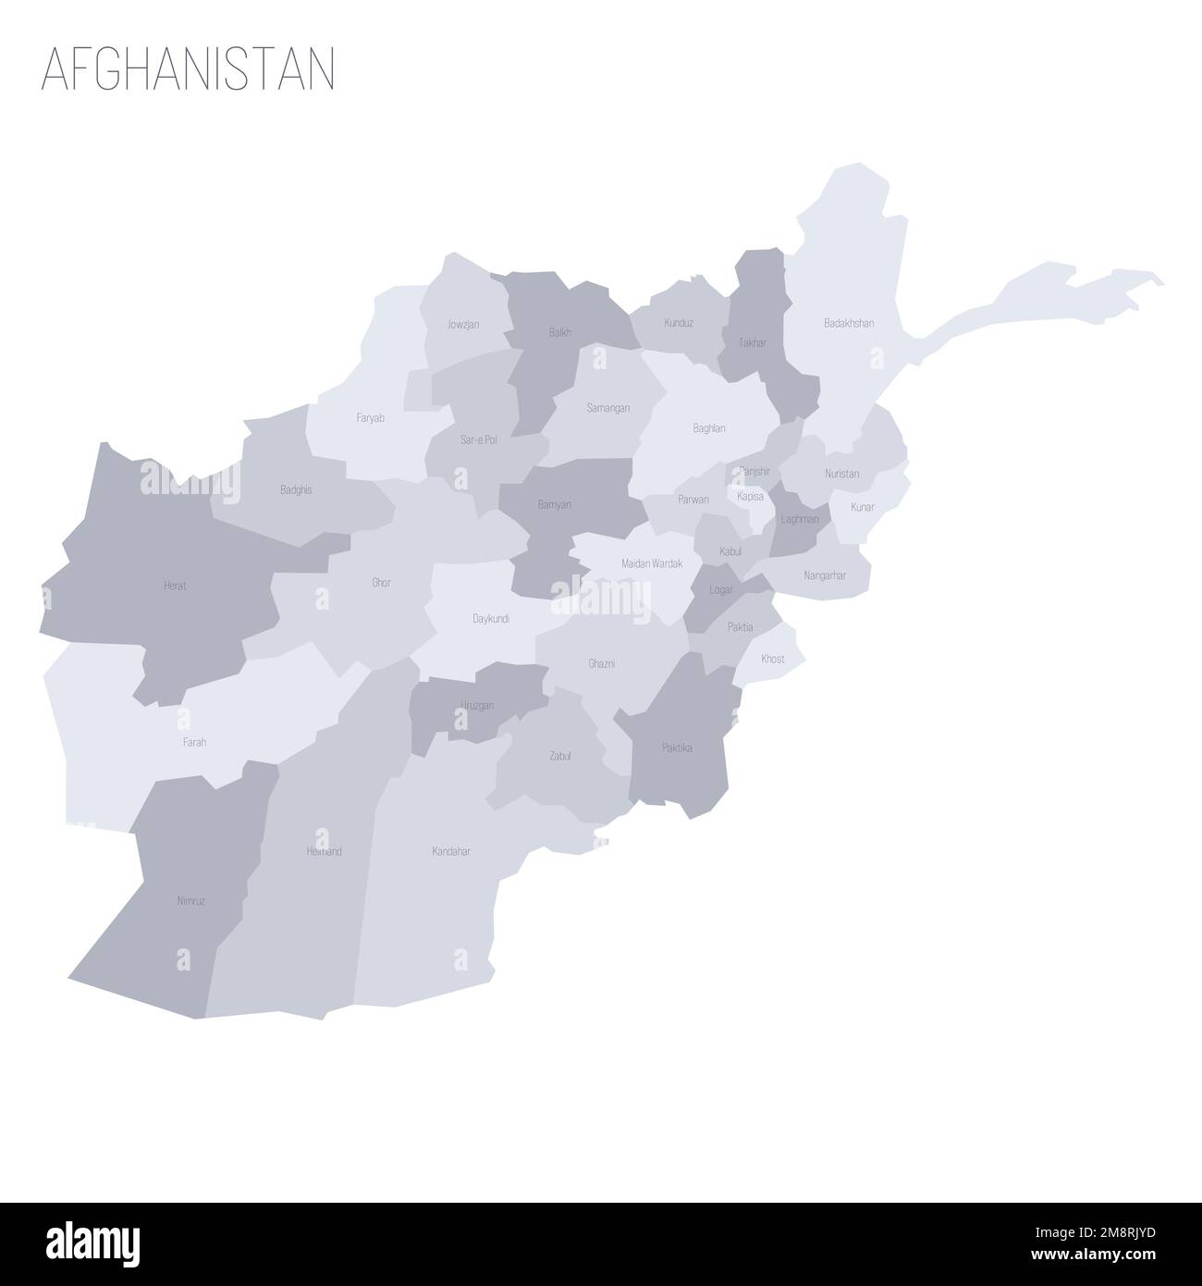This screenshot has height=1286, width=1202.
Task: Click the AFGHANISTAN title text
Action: (188, 70)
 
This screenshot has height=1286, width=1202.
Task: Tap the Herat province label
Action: (175, 586)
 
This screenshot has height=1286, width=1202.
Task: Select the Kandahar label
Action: (451, 851)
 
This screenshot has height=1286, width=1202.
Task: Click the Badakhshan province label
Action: (849, 324)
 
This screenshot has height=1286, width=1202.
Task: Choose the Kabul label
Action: (730, 551)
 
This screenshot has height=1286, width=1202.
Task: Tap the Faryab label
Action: (370, 418)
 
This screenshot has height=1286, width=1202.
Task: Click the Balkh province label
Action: (559, 332)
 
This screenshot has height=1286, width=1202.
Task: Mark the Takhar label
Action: (753, 342)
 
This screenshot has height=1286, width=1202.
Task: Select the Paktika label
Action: (677, 748)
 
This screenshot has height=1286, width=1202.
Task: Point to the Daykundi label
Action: (490, 618)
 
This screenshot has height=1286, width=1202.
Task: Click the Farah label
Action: (194, 742)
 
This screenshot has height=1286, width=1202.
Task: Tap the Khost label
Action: (772, 659)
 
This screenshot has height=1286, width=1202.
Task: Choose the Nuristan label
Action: (841, 474)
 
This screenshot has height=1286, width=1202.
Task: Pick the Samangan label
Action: (607, 407)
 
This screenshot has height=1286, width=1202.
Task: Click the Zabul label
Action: (560, 756)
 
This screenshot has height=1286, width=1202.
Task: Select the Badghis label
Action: (296, 489)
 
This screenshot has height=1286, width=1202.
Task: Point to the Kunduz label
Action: (679, 323)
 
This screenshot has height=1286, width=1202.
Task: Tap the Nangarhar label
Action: (825, 575)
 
